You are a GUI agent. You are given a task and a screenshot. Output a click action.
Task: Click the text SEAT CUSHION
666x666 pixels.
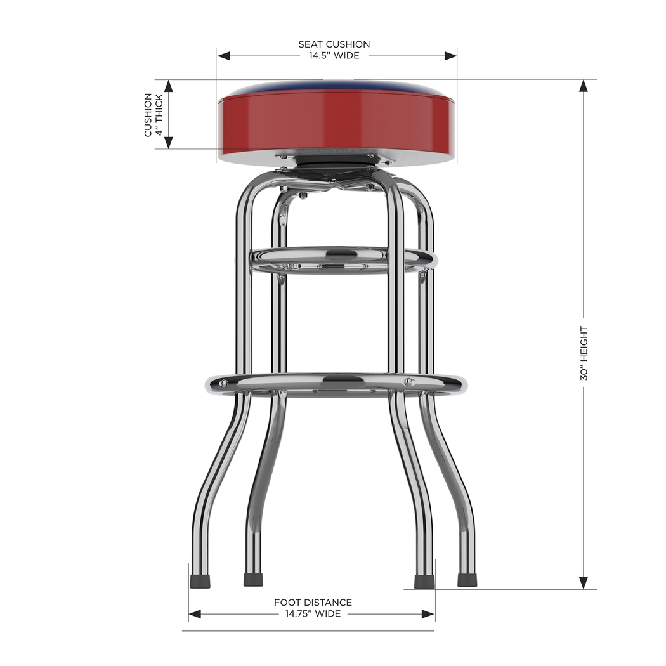(x=334, y=44)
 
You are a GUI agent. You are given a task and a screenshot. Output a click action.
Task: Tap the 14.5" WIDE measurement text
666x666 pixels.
(x=334, y=56)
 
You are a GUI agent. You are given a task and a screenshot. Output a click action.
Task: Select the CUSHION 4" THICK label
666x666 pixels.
(x=153, y=115)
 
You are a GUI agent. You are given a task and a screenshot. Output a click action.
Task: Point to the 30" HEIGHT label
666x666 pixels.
(x=584, y=353)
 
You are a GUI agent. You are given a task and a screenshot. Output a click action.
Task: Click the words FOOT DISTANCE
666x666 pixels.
(x=313, y=603)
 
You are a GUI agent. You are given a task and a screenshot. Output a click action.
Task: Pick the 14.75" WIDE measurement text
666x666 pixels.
(x=313, y=614)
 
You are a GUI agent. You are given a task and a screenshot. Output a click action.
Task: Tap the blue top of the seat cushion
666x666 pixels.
(x=337, y=88)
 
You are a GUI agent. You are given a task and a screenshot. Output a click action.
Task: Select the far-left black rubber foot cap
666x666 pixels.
(x=200, y=581)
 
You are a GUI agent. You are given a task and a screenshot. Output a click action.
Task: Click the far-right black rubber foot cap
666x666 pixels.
(x=467, y=580)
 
